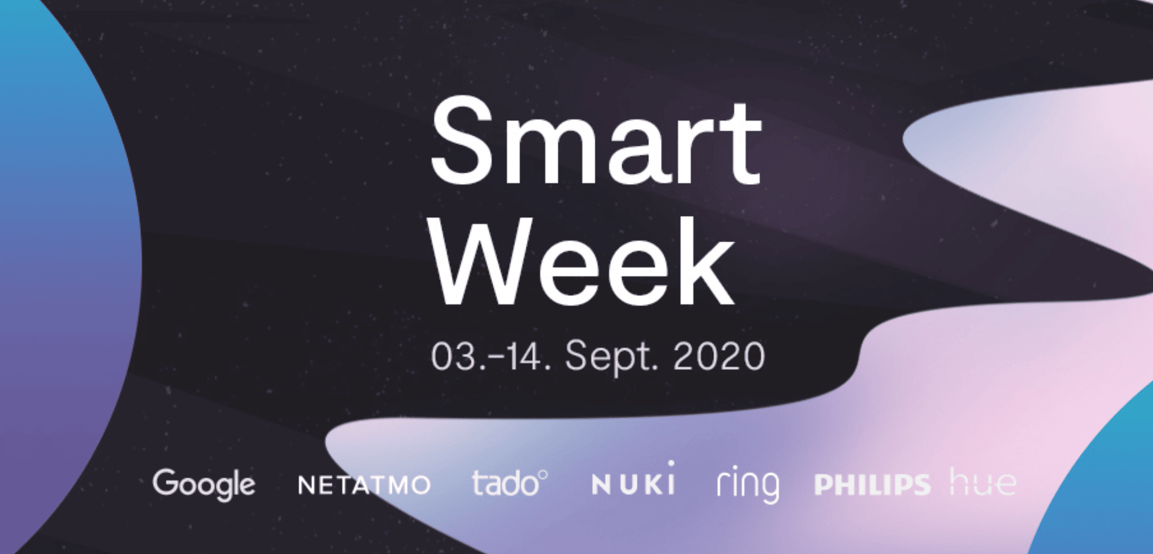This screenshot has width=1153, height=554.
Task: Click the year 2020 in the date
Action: pos(719,357)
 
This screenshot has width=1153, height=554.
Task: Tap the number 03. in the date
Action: pos(454,357)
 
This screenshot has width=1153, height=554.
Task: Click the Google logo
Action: pos(204,484)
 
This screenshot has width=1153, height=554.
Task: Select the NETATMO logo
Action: pos(364,485)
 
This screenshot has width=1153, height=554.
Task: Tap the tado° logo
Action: pos(510,483)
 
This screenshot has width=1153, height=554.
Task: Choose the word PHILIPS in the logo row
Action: pos(872,485)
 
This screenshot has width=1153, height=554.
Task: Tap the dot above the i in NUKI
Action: pos(671,465)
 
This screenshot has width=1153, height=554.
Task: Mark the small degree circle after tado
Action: pos(543,474)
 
